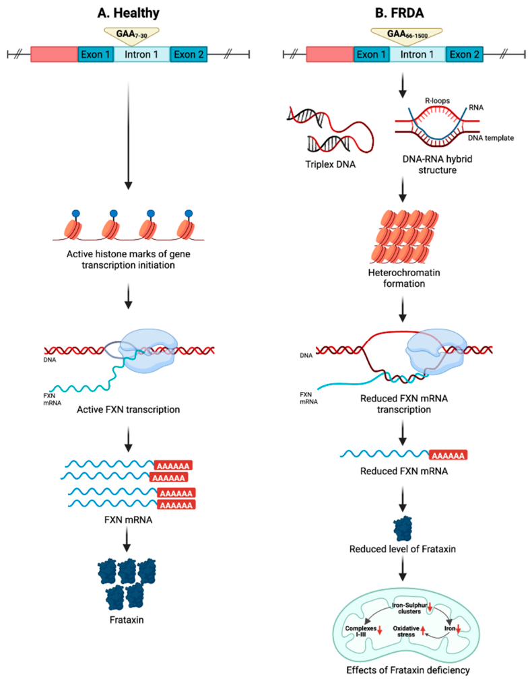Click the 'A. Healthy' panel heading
[x=127, y=11]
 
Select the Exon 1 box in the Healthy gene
[x=96, y=55]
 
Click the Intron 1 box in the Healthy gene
[x=141, y=55]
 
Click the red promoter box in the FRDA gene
[x=330, y=55]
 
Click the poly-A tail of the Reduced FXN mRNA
[x=447, y=455]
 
